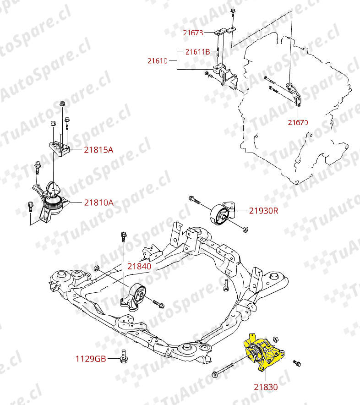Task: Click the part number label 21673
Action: click(193, 33)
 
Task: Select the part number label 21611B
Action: click(197, 52)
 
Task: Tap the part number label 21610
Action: click(157, 60)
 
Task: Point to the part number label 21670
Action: click(298, 122)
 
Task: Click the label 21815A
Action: click(98, 149)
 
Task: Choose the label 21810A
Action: click(98, 202)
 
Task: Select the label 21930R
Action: click(263, 211)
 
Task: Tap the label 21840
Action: click(139, 266)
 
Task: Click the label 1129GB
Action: click(91, 358)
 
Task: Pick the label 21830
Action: click(266, 387)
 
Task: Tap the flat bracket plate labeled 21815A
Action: click(59, 148)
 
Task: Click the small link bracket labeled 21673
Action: click(225, 33)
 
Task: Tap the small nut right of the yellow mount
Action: click(296, 363)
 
